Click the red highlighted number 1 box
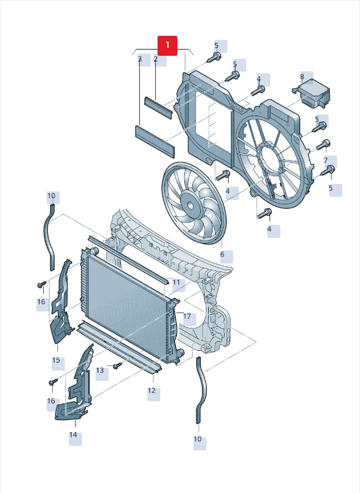[x=167, y=46]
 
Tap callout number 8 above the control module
[x=302, y=77]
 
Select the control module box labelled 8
[x=312, y=94]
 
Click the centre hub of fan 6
[x=190, y=206]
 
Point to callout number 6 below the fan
[x=222, y=254]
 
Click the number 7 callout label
[x=326, y=161]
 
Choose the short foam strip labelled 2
[x=158, y=107]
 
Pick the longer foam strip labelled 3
[x=155, y=141]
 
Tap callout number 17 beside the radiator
[x=187, y=317]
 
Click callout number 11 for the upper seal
[x=176, y=282]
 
